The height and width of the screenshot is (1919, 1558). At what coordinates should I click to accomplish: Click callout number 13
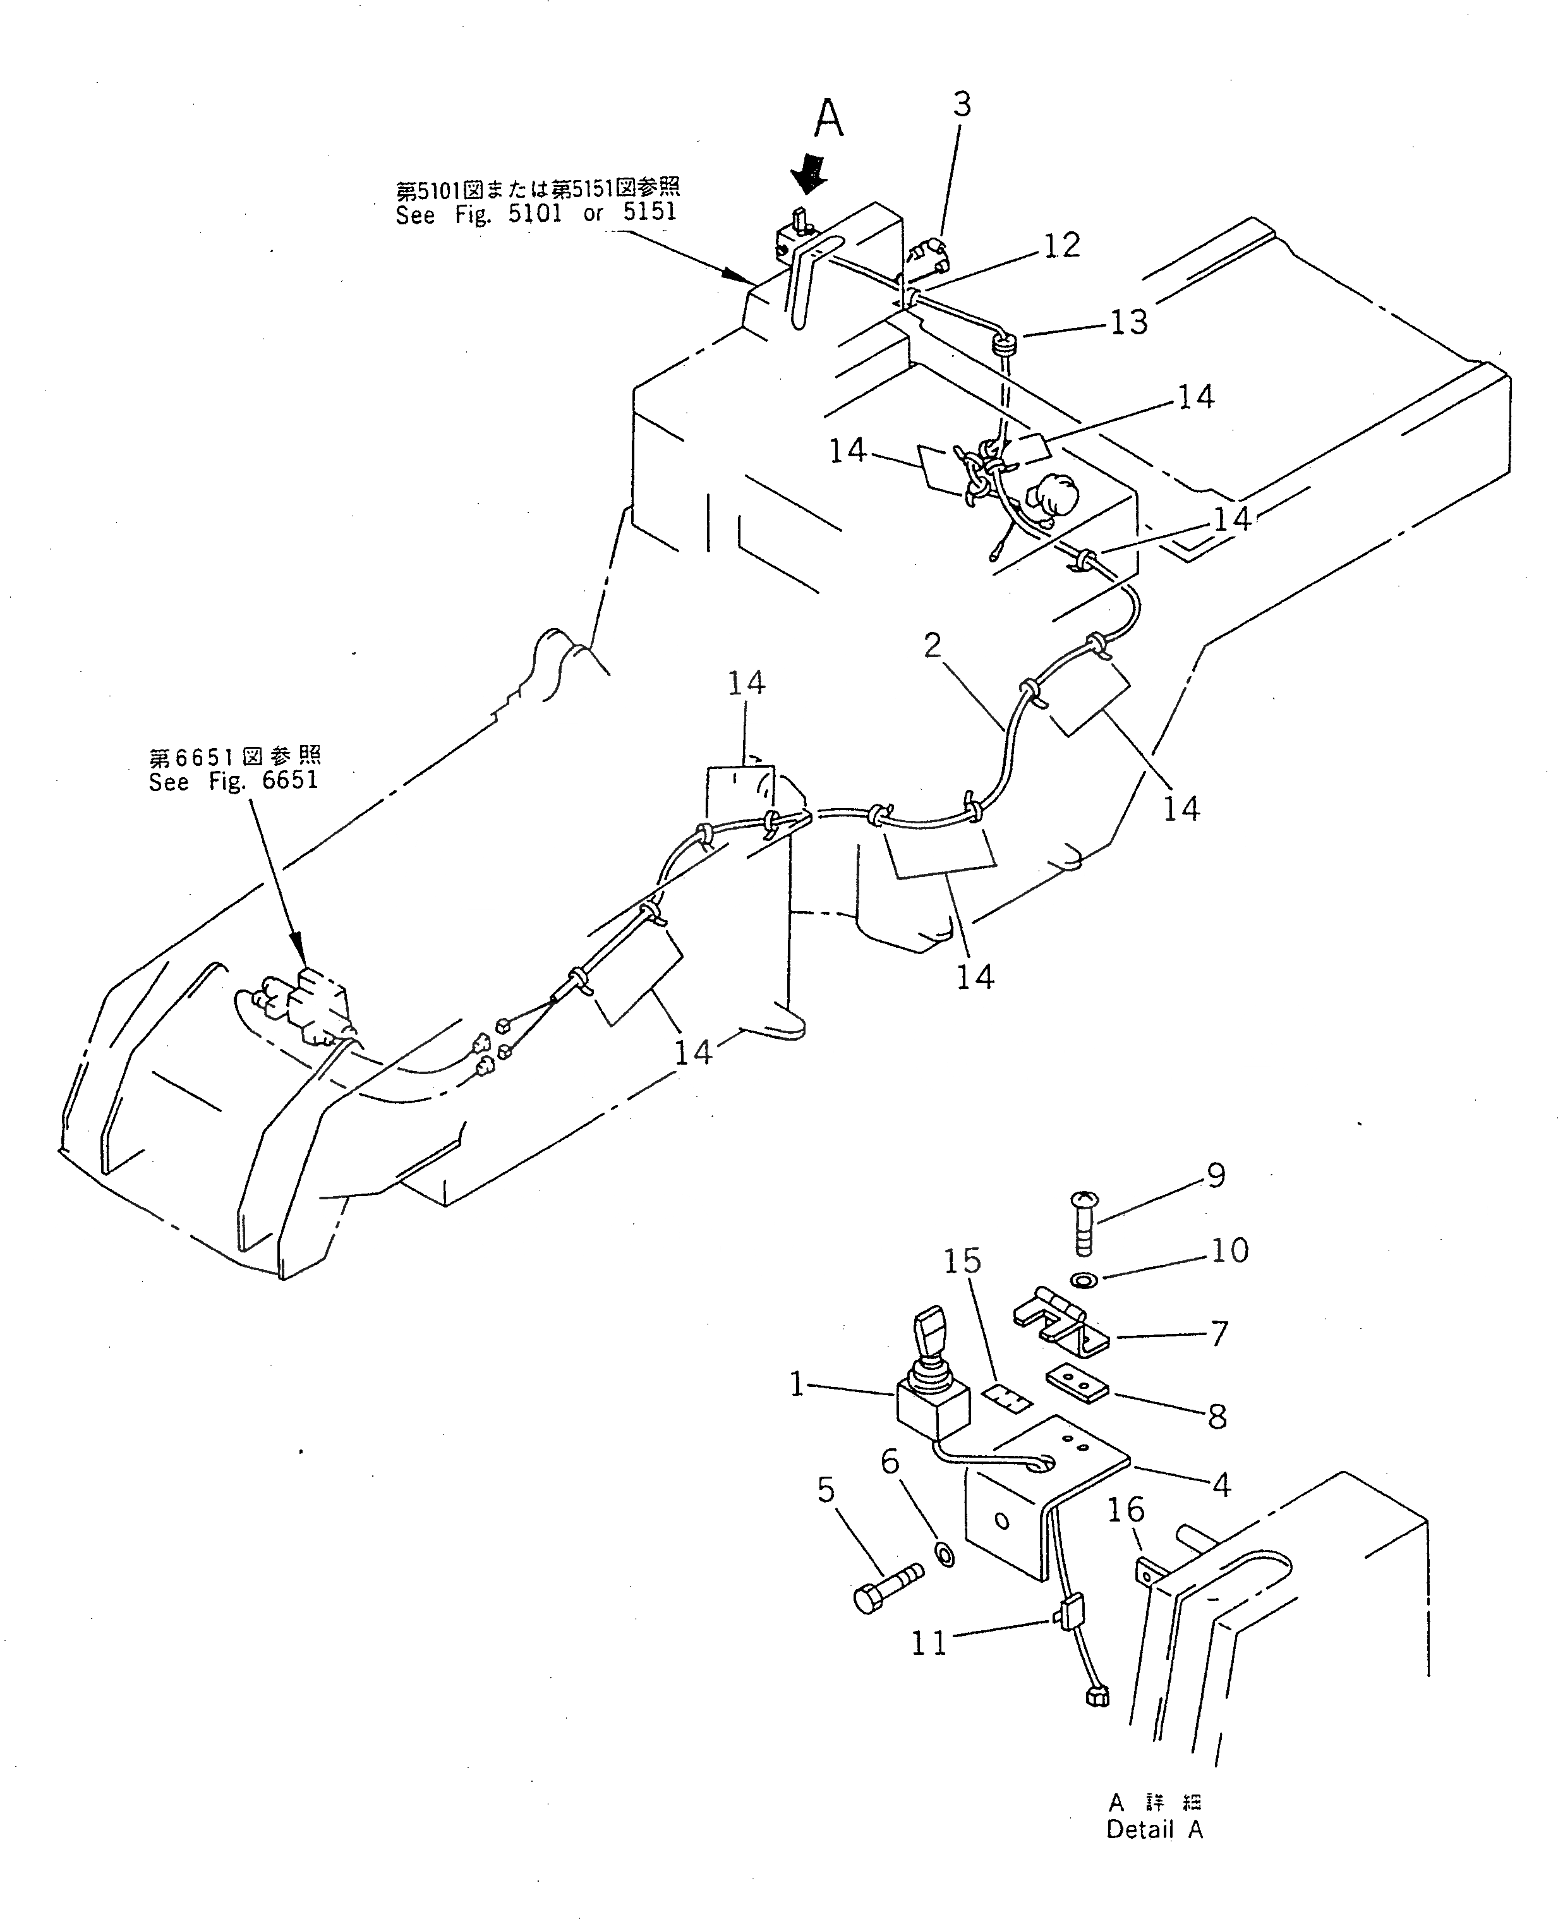coord(1128,322)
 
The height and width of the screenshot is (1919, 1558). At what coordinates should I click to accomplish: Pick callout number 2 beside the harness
coord(933,645)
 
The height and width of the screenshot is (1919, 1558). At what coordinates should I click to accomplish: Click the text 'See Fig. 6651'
coord(233,781)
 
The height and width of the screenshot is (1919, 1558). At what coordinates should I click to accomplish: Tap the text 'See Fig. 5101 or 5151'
coord(536,214)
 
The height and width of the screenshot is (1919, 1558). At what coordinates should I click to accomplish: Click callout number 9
coord(1216,1175)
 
